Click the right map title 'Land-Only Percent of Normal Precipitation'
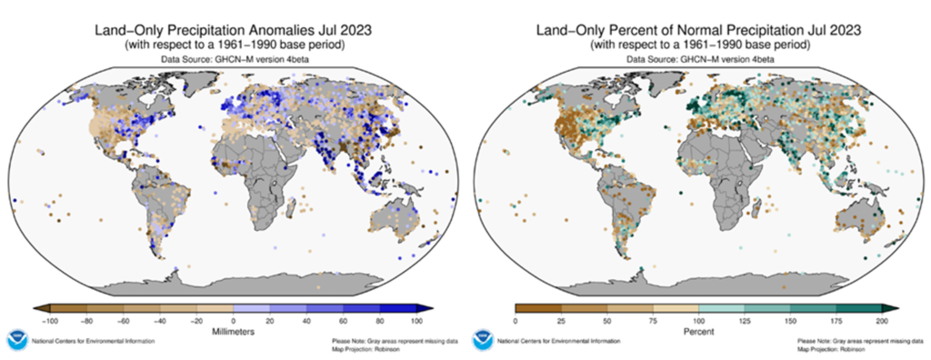pos(699,31)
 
